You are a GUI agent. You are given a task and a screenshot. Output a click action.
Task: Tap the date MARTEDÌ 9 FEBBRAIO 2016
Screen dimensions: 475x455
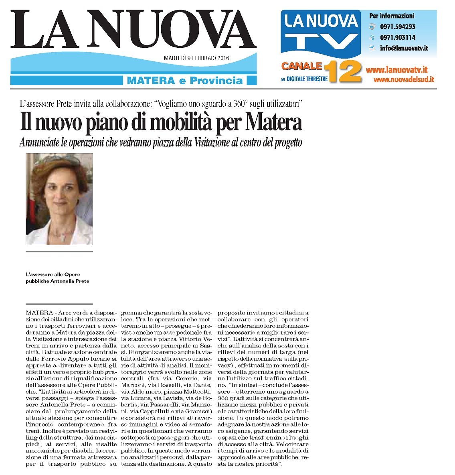click(196, 58)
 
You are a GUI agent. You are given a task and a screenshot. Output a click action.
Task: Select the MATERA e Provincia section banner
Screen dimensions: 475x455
click(185, 81)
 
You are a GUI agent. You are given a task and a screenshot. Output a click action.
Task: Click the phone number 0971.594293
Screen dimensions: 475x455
click(398, 27)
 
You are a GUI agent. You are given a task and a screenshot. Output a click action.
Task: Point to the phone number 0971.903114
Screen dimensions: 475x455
click(398, 37)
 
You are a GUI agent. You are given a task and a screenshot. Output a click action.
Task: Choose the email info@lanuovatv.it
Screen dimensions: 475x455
click(404, 48)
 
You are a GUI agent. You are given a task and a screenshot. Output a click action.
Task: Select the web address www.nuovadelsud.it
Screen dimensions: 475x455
click(404, 79)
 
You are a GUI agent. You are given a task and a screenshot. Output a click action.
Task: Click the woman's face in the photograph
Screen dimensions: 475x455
click(60, 196)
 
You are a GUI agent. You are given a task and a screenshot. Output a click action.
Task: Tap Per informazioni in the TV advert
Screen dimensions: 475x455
click(391, 16)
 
